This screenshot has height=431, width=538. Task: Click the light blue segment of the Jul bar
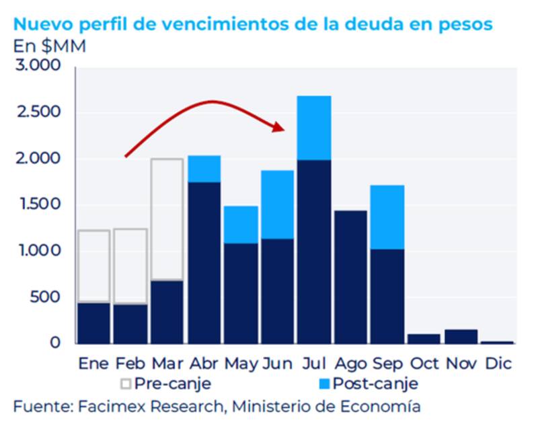tap(313, 128)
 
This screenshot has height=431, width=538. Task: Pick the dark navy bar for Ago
tap(350, 276)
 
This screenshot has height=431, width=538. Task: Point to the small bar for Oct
tap(423, 338)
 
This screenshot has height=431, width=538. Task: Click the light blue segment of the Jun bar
tap(277, 204)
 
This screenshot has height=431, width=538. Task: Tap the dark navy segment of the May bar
tap(240, 292)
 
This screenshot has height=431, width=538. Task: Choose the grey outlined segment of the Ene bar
tap(93, 266)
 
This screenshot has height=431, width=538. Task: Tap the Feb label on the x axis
tap(130, 363)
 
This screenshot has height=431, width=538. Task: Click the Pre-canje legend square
tap(125, 385)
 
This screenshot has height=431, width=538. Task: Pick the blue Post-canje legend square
tap(323, 385)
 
